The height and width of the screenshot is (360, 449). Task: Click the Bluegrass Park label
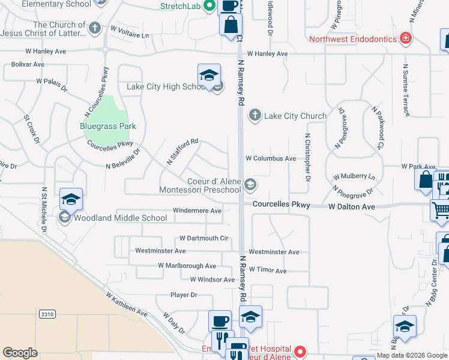coord(108,126)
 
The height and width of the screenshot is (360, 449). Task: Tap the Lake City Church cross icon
coord(255,115)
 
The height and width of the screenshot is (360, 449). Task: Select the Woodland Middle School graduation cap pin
coord(71,199)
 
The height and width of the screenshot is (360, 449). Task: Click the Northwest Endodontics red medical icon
coord(406,39)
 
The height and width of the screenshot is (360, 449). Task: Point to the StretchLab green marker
coord(209,7)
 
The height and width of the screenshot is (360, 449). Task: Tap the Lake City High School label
coord(166,86)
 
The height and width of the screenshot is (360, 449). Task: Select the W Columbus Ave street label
coord(271,158)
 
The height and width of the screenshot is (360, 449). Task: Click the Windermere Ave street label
coord(197,211)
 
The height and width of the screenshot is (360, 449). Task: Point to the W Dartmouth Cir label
coord(203,238)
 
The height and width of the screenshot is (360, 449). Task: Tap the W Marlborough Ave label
coord(187,266)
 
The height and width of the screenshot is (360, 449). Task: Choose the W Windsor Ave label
coord(212,280)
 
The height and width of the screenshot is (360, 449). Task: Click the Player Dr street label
coord(184,295)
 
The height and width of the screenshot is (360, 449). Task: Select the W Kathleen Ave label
coord(127,305)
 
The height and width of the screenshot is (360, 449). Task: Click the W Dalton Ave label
coord(351,206)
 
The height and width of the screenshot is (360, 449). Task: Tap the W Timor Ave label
coord(268,271)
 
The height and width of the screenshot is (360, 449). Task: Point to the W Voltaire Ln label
coord(129,31)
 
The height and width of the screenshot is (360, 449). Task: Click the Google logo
coord(20,353)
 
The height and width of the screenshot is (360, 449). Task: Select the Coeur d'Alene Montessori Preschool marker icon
coord(250,185)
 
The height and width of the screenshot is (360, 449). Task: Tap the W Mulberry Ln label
coord(354,177)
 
